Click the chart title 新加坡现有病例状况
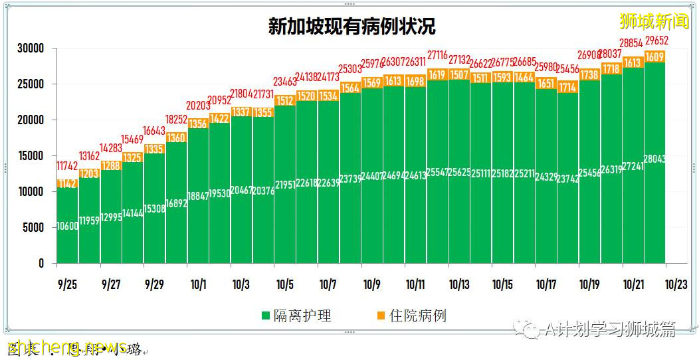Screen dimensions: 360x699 coord(351,26)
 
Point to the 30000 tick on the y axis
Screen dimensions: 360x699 coord(31,48)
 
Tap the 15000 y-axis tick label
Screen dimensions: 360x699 coord(31,156)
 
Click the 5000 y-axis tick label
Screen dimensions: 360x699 coord(33,228)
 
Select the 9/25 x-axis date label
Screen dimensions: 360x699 coord(67,284)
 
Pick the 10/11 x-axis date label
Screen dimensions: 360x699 coord(415,284)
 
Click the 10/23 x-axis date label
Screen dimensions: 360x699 coord(676,284)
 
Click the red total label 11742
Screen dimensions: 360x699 coord(68,166)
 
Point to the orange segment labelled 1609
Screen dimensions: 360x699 coord(654,57)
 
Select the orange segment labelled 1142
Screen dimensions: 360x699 coord(68,184)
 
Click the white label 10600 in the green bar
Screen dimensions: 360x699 coord(68,226)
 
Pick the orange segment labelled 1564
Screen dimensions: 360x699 coord(350,88)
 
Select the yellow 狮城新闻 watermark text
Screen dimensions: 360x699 coord(654,21)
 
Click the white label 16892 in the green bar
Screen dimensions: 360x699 coord(177,203)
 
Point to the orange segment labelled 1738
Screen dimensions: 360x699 coord(589,75)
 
